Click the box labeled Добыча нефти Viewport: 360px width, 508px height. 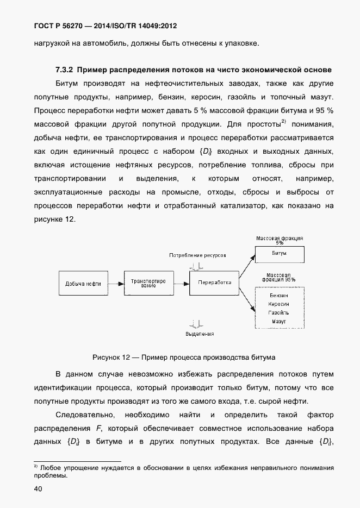(x=83, y=284)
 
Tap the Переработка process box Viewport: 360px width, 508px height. (x=214, y=283)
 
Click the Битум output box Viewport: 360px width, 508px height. (x=279, y=254)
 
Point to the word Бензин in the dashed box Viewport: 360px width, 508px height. (x=279, y=294)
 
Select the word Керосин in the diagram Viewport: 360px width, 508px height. (x=279, y=304)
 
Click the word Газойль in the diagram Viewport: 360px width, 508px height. (x=279, y=313)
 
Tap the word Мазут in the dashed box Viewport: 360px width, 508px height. (x=279, y=322)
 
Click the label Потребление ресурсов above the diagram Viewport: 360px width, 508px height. (x=197, y=255)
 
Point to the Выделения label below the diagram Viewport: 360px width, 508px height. (x=200, y=334)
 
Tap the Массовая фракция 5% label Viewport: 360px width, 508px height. (x=279, y=240)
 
